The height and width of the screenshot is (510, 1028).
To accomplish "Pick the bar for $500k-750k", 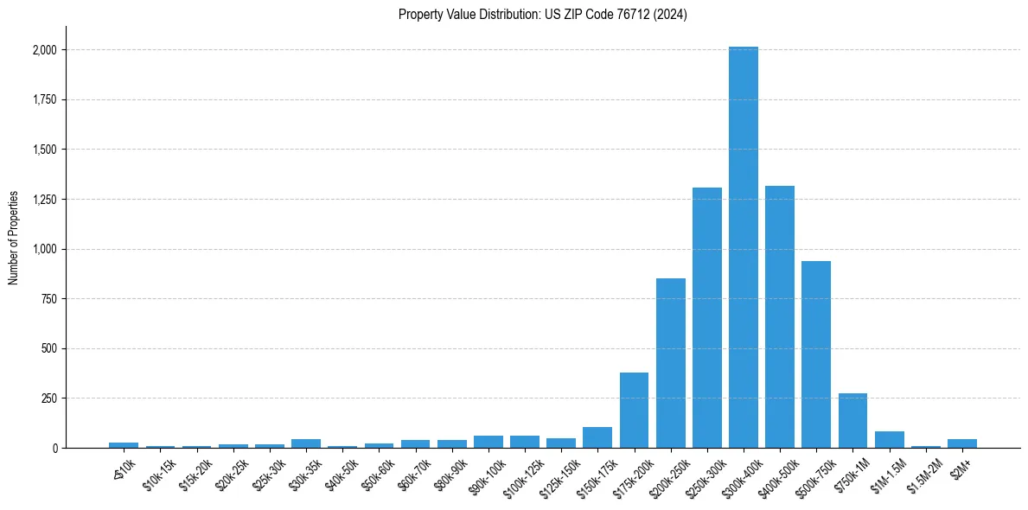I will tap(816, 354).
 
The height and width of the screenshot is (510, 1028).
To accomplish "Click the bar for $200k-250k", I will tap(671, 363).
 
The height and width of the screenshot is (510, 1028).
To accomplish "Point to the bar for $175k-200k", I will tap(634, 411).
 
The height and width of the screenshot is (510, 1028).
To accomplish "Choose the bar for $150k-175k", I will tap(597, 437).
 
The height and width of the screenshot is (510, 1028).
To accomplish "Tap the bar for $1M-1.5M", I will tap(889, 440).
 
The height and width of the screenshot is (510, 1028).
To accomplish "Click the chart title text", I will tap(543, 15).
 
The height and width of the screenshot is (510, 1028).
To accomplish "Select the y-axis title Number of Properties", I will tap(14, 238).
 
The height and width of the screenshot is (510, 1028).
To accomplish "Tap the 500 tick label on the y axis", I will tap(48, 349).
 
